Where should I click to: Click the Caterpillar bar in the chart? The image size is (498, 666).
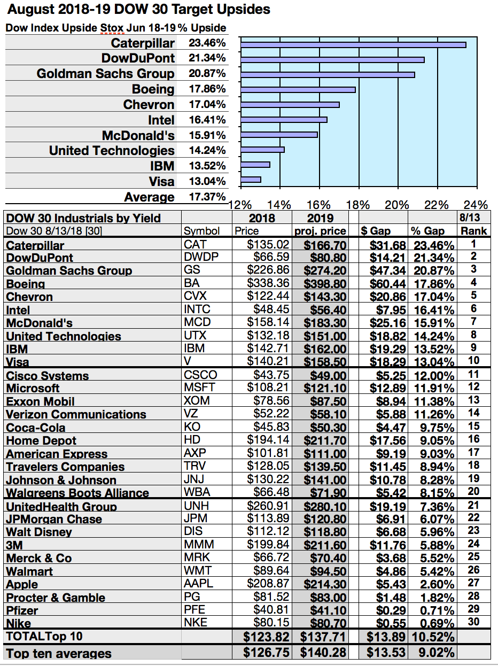click(353, 44)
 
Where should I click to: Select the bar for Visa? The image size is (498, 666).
click(251, 180)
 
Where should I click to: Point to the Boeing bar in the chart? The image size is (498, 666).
click(298, 89)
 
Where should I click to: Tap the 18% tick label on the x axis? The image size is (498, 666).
click(358, 205)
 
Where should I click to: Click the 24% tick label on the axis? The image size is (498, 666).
click(476, 205)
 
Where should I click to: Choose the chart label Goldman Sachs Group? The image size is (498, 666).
click(105, 74)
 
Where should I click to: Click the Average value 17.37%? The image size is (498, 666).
click(207, 197)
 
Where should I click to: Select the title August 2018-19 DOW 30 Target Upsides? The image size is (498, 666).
click(137, 10)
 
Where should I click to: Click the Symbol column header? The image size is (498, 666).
click(201, 231)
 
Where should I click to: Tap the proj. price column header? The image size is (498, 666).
click(320, 231)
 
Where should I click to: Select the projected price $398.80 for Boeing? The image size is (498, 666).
click(325, 284)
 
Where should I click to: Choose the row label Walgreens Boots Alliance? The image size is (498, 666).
click(77, 493)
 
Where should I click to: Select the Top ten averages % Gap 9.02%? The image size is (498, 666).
click(432, 653)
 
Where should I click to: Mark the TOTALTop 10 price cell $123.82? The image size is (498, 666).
click(266, 637)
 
